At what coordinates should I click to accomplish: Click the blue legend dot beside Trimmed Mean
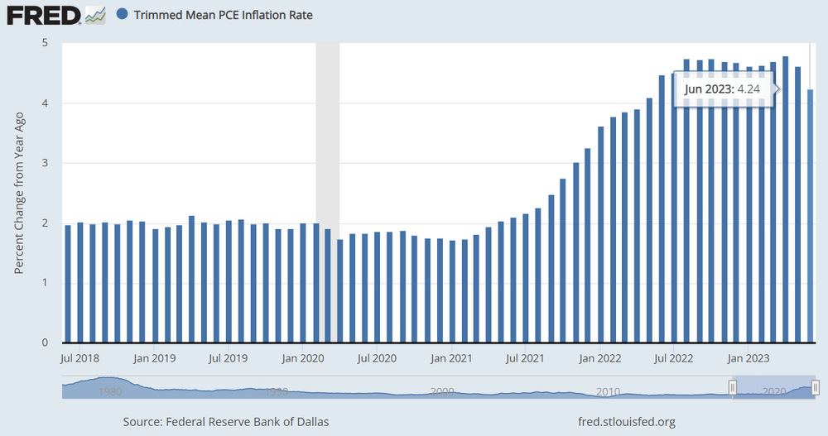click(123, 15)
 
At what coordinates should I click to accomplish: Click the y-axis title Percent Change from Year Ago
click(20, 193)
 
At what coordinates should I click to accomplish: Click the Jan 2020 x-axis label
click(302, 358)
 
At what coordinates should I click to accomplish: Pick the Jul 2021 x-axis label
click(524, 358)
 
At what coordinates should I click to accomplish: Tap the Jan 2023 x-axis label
click(746, 358)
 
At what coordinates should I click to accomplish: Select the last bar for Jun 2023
click(810, 215)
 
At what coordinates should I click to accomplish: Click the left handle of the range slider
click(733, 387)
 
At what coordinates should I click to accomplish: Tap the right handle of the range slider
click(816, 387)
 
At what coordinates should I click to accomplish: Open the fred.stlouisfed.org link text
click(627, 422)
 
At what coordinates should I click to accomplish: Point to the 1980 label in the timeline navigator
click(110, 390)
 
